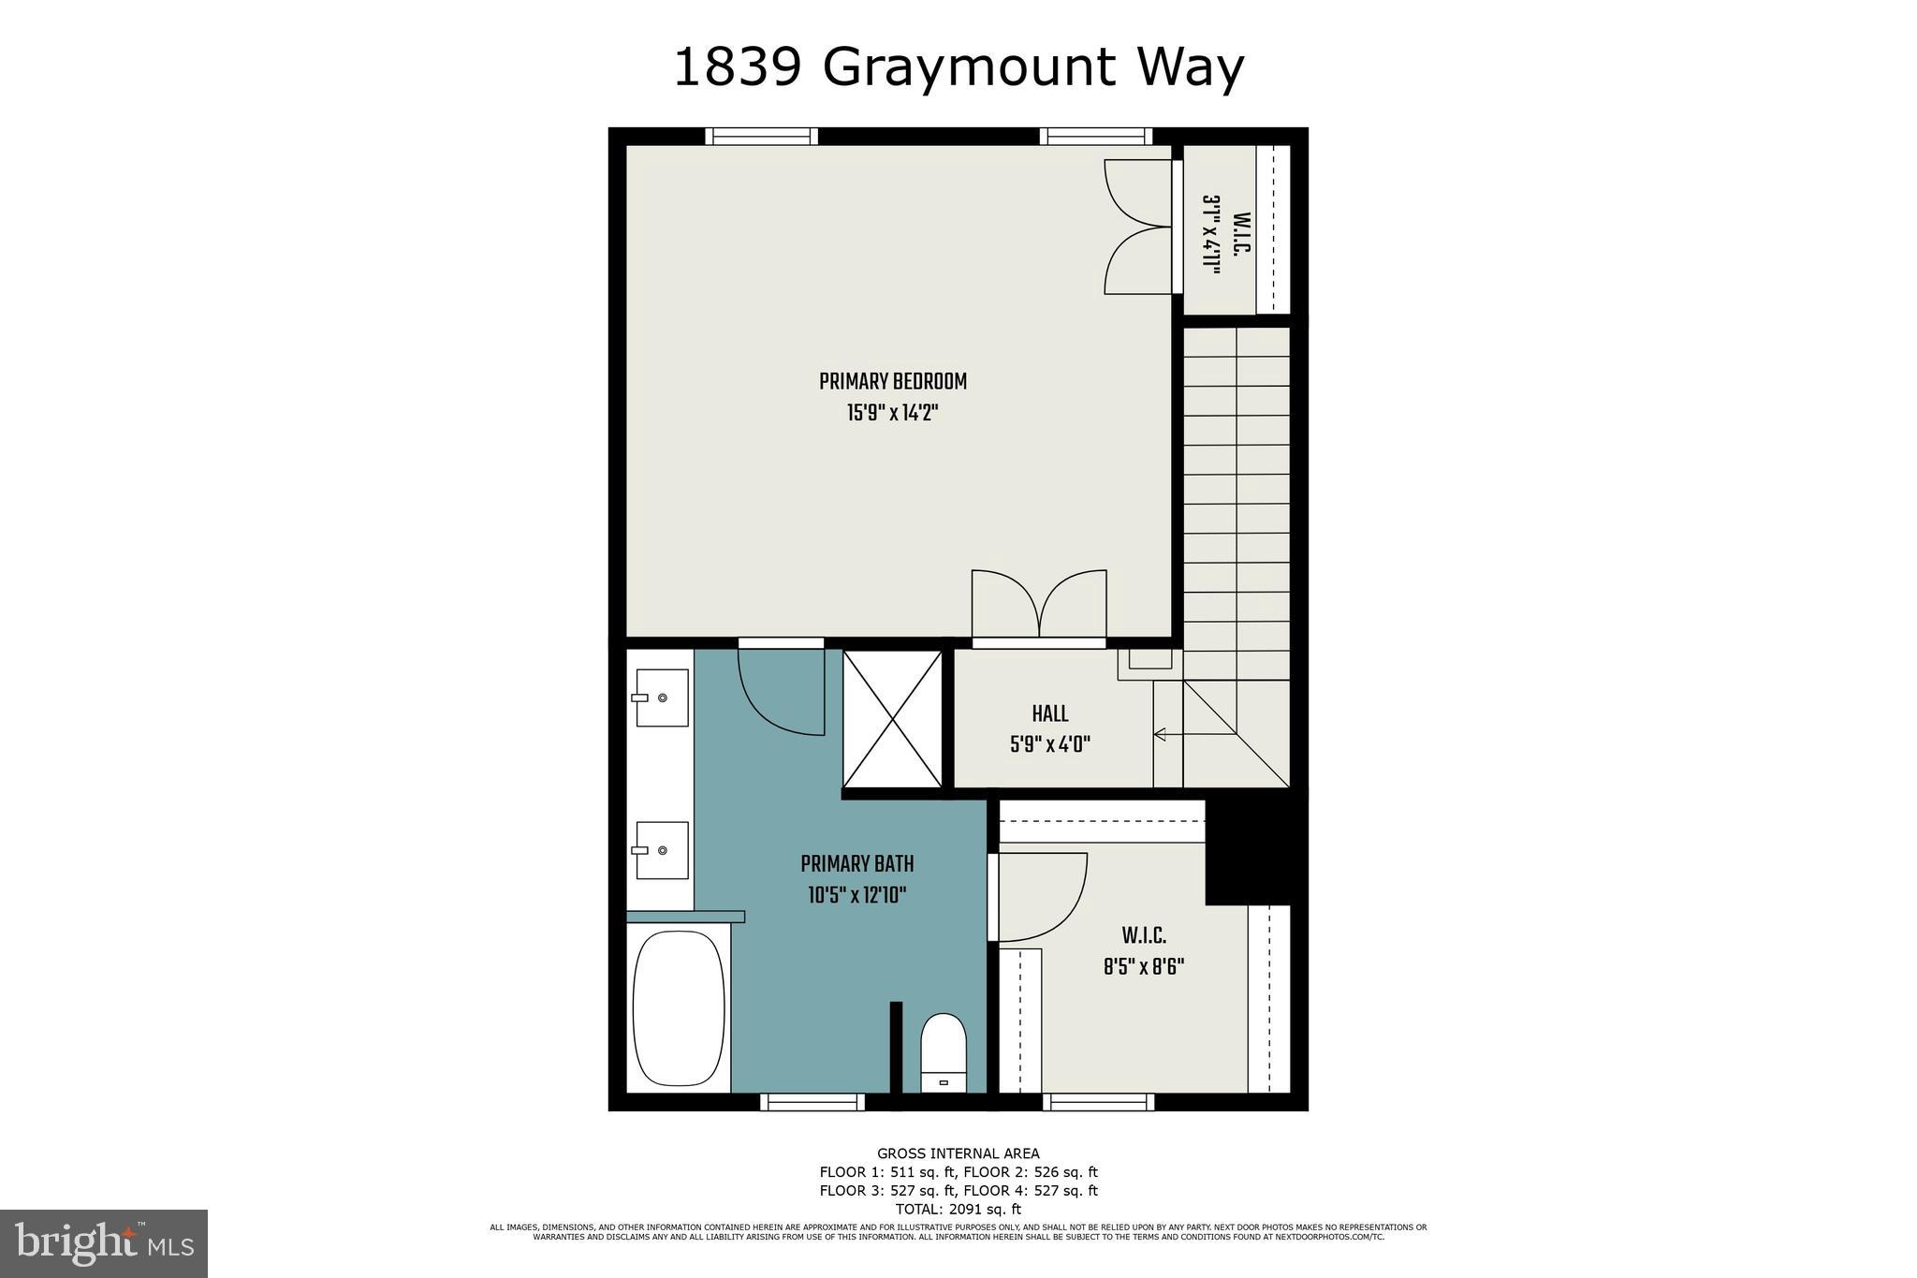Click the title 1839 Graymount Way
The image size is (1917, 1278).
click(958, 67)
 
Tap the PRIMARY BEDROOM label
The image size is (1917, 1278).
click(892, 382)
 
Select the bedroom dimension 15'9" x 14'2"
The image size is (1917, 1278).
click(892, 413)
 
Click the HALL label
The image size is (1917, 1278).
click(1049, 714)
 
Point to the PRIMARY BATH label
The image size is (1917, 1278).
click(856, 864)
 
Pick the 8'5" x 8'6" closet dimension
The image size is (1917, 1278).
click(1143, 966)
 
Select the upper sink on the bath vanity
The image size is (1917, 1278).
click(662, 698)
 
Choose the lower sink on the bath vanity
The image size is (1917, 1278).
click(662, 850)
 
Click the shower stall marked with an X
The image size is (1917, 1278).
click(893, 719)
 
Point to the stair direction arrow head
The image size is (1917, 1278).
click(1159, 735)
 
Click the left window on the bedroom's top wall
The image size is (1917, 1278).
click(761, 137)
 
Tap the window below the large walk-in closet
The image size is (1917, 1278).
click(1098, 1102)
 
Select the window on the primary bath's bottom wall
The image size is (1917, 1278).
click(812, 1102)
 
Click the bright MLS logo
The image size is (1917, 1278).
click(104, 1243)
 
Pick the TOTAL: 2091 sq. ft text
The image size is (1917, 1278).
click(958, 1209)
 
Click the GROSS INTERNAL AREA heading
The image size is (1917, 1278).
click(958, 1153)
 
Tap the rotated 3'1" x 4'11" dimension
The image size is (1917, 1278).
click(1211, 234)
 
